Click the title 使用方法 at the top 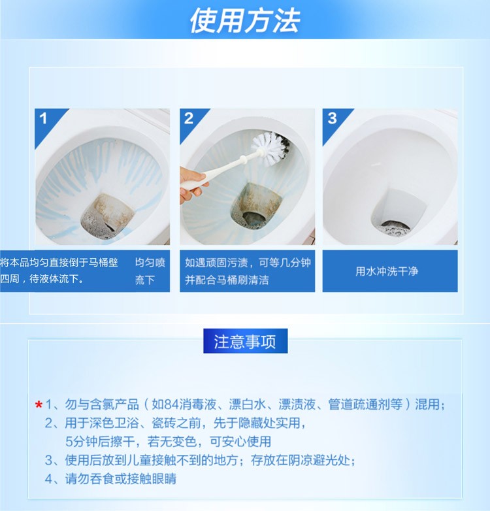coord(245,21)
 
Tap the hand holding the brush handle coord(192,184)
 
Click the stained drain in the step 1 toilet coord(108,216)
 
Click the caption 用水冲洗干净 coord(387,271)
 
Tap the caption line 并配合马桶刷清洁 coord(227,280)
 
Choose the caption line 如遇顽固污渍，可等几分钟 coord(248,262)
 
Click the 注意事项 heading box coord(245,341)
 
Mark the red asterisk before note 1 coord(39,405)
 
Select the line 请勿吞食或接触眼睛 coord(121,479)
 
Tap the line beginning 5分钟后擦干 coord(168,442)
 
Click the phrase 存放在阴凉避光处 coord(301,460)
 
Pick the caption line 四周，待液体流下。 coord(42,279)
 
